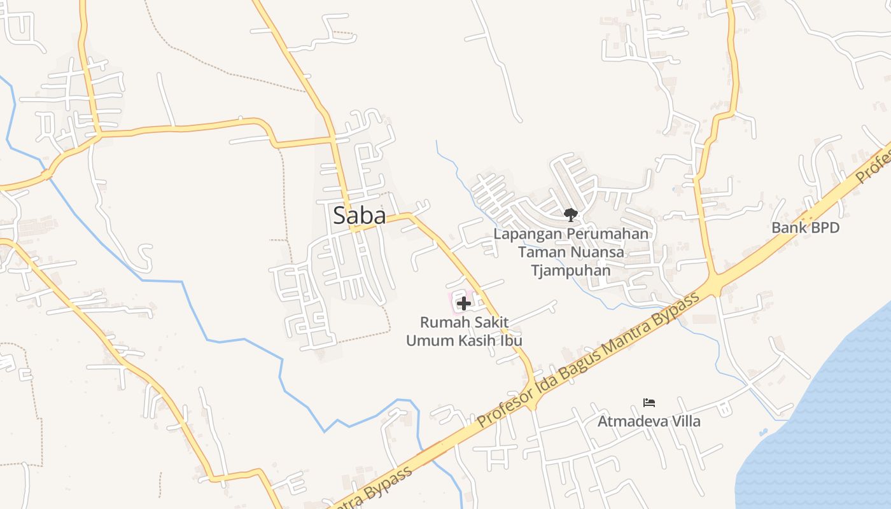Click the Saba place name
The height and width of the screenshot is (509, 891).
pyautogui.click(x=360, y=216)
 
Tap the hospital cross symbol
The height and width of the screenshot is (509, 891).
pyautogui.click(x=464, y=303)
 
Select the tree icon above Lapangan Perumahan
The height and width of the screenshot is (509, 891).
pyautogui.click(x=570, y=214)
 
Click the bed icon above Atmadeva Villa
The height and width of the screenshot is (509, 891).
pyautogui.click(x=649, y=402)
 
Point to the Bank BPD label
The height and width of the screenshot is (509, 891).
pyautogui.click(x=805, y=228)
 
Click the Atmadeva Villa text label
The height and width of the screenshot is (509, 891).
pyautogui.click(x=649, y=421)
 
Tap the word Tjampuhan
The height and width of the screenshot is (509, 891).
pyautogui.click(x=571, y=270)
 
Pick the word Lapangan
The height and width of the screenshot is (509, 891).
pyautogui.click(x=528, y=234)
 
